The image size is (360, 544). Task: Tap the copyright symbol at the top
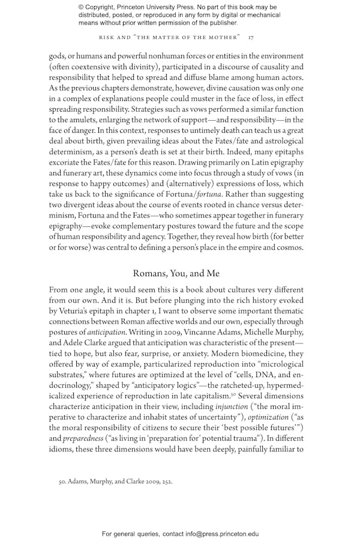click(x=81, y=7)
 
